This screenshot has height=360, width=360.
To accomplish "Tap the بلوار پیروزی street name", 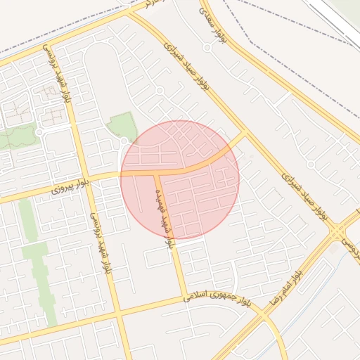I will pos(72,187).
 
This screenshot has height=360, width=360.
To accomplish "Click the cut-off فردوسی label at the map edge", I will pos(350,247).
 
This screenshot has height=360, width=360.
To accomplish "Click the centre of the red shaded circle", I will pos(180,179).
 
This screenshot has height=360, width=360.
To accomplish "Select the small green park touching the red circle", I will pos(122,127).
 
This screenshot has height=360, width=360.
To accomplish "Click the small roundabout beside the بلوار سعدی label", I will pos(207,47).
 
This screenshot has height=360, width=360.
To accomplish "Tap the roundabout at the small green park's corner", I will pos(124,143).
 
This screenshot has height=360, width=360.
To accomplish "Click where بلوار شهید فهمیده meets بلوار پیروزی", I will pos(156,172).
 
